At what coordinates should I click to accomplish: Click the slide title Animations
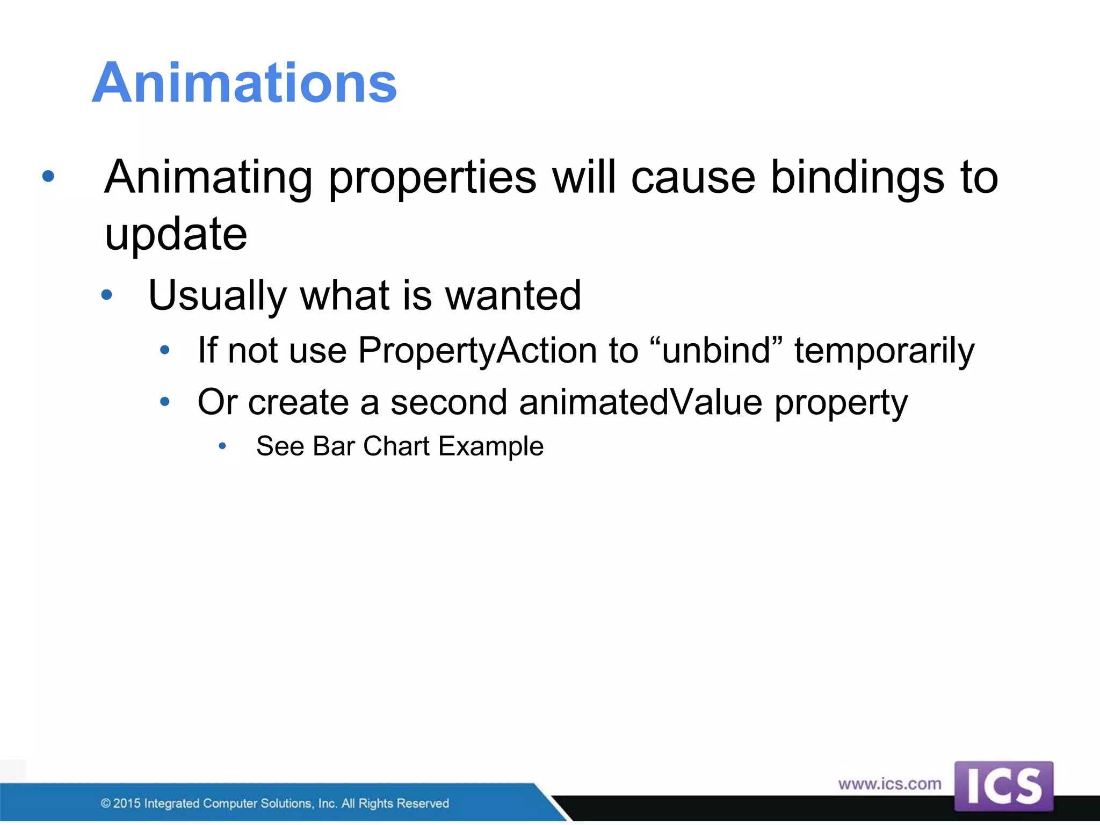[x=244, y=83]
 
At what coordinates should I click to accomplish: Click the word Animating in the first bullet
[x=208, y=178]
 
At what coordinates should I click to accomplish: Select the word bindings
[x=857, y=178]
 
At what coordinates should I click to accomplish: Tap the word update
[x=176, y=235]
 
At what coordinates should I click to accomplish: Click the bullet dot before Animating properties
[x=48, y=176]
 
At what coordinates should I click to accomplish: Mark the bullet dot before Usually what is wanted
[x=107, y=294]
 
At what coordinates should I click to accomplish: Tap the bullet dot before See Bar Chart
[x=222, y=445]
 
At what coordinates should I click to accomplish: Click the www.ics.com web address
[x=889, y=784]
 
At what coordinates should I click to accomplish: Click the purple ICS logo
[x=1003, y=786]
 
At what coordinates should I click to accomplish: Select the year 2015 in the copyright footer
[x=127, y=804]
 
